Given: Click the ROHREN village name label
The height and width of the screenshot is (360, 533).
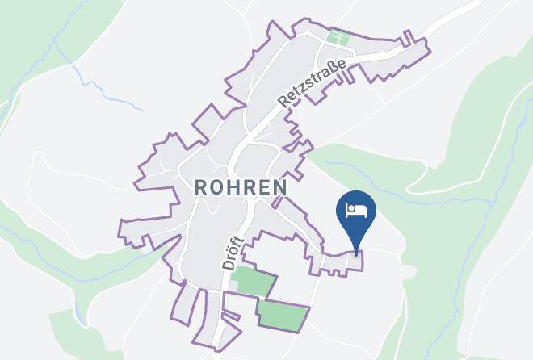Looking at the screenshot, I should click(x=241, y=187).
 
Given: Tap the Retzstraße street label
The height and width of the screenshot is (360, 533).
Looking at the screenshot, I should click(x=313, y=82).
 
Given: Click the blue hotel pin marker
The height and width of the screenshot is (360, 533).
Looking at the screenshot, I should click(x=356, y=214).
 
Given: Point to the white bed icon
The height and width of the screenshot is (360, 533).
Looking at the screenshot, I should click(x=356, y=211).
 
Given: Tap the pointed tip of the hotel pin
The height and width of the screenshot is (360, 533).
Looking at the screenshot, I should click(x=356, y=254).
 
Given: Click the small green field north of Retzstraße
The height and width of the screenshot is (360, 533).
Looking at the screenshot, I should click(x=337, y=37).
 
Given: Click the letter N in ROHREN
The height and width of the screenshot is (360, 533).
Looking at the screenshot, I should click(x=279, y=187).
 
